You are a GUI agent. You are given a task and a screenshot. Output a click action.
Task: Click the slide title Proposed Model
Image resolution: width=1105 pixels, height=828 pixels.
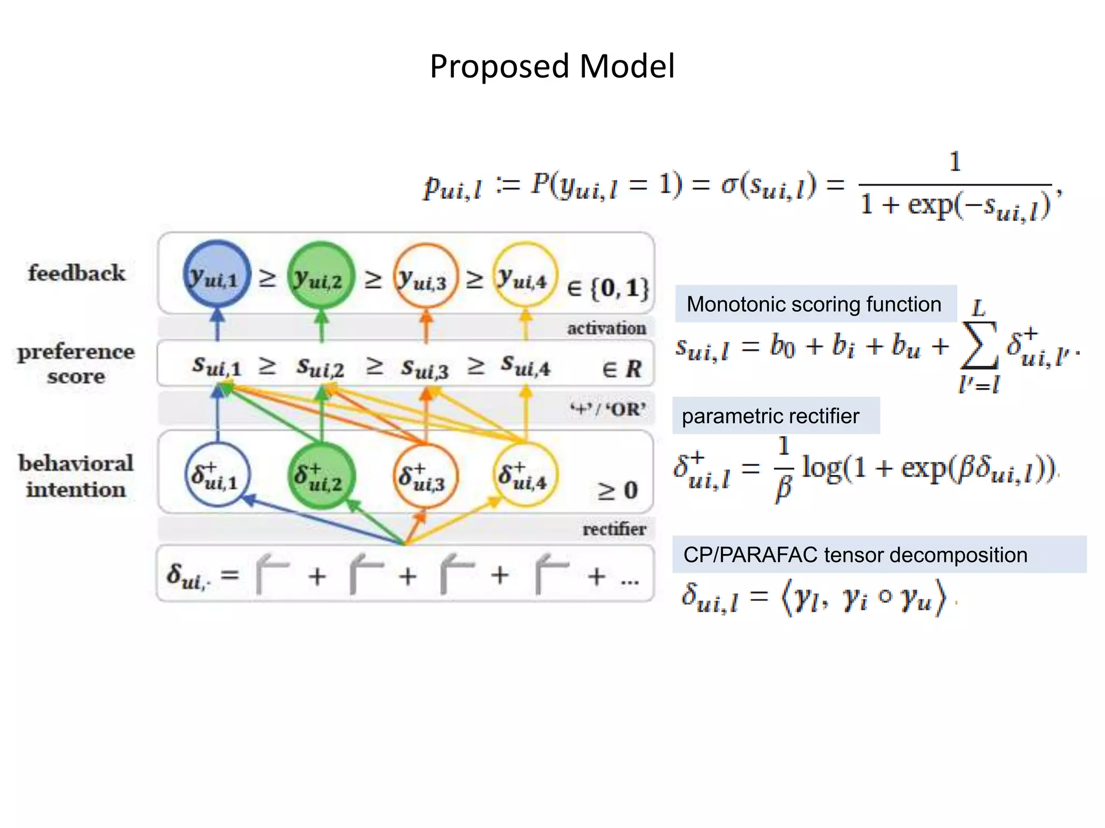552,66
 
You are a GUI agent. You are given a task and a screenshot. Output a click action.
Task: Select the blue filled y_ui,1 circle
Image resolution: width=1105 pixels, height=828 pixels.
217,275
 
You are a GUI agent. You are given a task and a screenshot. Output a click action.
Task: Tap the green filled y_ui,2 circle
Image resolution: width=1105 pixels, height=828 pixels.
321,275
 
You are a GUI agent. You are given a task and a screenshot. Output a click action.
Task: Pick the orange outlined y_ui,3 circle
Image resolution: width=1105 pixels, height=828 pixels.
426,276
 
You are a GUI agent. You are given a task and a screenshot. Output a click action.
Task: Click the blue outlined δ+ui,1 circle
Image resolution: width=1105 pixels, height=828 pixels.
217,474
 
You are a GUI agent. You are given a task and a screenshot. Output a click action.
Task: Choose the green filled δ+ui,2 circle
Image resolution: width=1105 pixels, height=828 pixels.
322,475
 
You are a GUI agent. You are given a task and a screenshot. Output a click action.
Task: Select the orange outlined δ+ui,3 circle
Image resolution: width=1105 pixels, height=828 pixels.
426,475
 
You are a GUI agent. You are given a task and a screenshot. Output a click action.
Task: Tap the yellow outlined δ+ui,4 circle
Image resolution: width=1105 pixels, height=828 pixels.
526,474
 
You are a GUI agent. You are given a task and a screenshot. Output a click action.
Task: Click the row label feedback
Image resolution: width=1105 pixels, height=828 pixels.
77,273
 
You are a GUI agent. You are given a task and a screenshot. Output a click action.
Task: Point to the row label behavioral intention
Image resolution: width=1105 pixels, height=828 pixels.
76,476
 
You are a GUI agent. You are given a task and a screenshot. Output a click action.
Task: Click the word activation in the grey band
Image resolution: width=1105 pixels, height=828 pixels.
606,328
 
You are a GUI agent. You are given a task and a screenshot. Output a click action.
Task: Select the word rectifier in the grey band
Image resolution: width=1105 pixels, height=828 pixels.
614,529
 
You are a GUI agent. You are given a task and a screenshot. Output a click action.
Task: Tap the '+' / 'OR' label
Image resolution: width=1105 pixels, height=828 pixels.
608,409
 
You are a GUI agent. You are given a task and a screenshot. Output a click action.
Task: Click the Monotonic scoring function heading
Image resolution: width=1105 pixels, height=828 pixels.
814,304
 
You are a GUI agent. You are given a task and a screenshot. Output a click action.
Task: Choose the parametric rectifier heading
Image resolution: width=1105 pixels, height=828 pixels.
770,416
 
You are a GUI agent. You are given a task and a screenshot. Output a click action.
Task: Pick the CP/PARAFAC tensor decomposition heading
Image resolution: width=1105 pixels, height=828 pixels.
855,555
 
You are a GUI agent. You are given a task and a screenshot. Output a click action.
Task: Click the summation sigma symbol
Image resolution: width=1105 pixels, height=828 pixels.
979,345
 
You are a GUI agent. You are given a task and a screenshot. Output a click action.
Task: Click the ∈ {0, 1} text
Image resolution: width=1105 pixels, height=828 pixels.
608,288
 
